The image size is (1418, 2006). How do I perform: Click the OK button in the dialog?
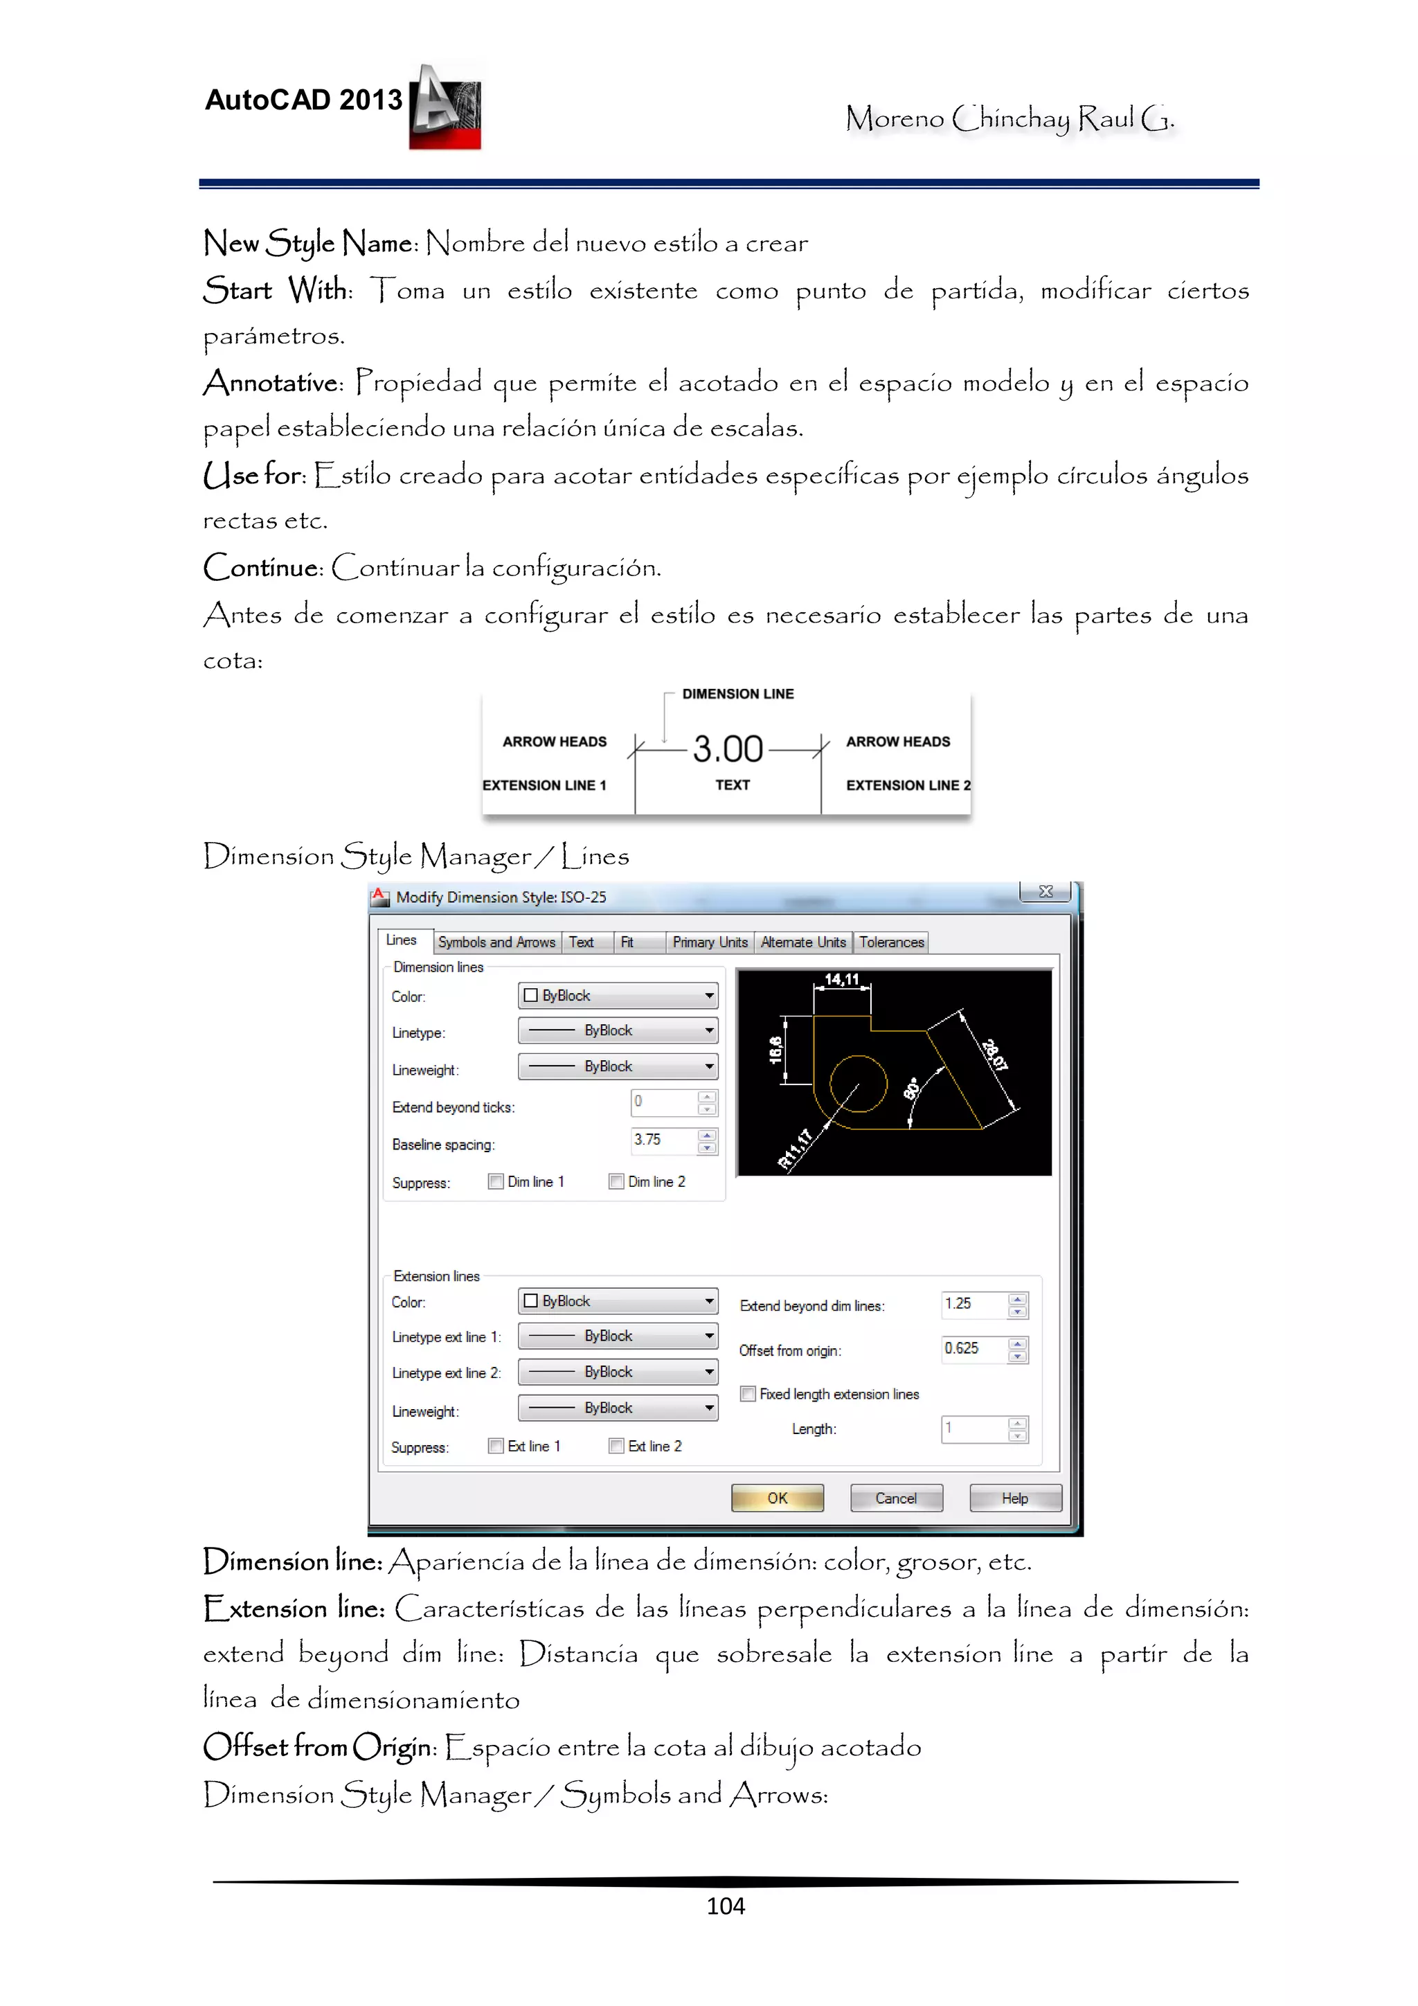(x=777, y=1498)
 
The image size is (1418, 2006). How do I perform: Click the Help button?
(x=1014, y=1498)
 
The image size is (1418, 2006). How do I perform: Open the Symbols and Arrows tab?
(x=496, y=942)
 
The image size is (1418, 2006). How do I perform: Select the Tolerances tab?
(x=890, y=942)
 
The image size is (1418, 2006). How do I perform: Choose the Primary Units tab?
(x=710, y=942)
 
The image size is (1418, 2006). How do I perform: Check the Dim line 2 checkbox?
(x=617, y=1181)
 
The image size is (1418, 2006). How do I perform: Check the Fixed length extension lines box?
(x=748, y=1394)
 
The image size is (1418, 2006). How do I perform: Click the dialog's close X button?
(x=1045, y=891)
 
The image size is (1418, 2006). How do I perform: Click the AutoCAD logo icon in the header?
(x=446, y=107)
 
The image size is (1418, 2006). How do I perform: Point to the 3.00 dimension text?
(x=727, y=749)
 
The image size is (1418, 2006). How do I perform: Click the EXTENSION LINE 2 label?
(x=907, y=785)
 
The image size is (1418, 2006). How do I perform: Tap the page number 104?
(x=725, y=1906)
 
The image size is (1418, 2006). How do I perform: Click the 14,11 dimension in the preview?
(x=841, y=979)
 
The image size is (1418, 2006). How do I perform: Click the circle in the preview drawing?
(x=858, y=1084)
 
